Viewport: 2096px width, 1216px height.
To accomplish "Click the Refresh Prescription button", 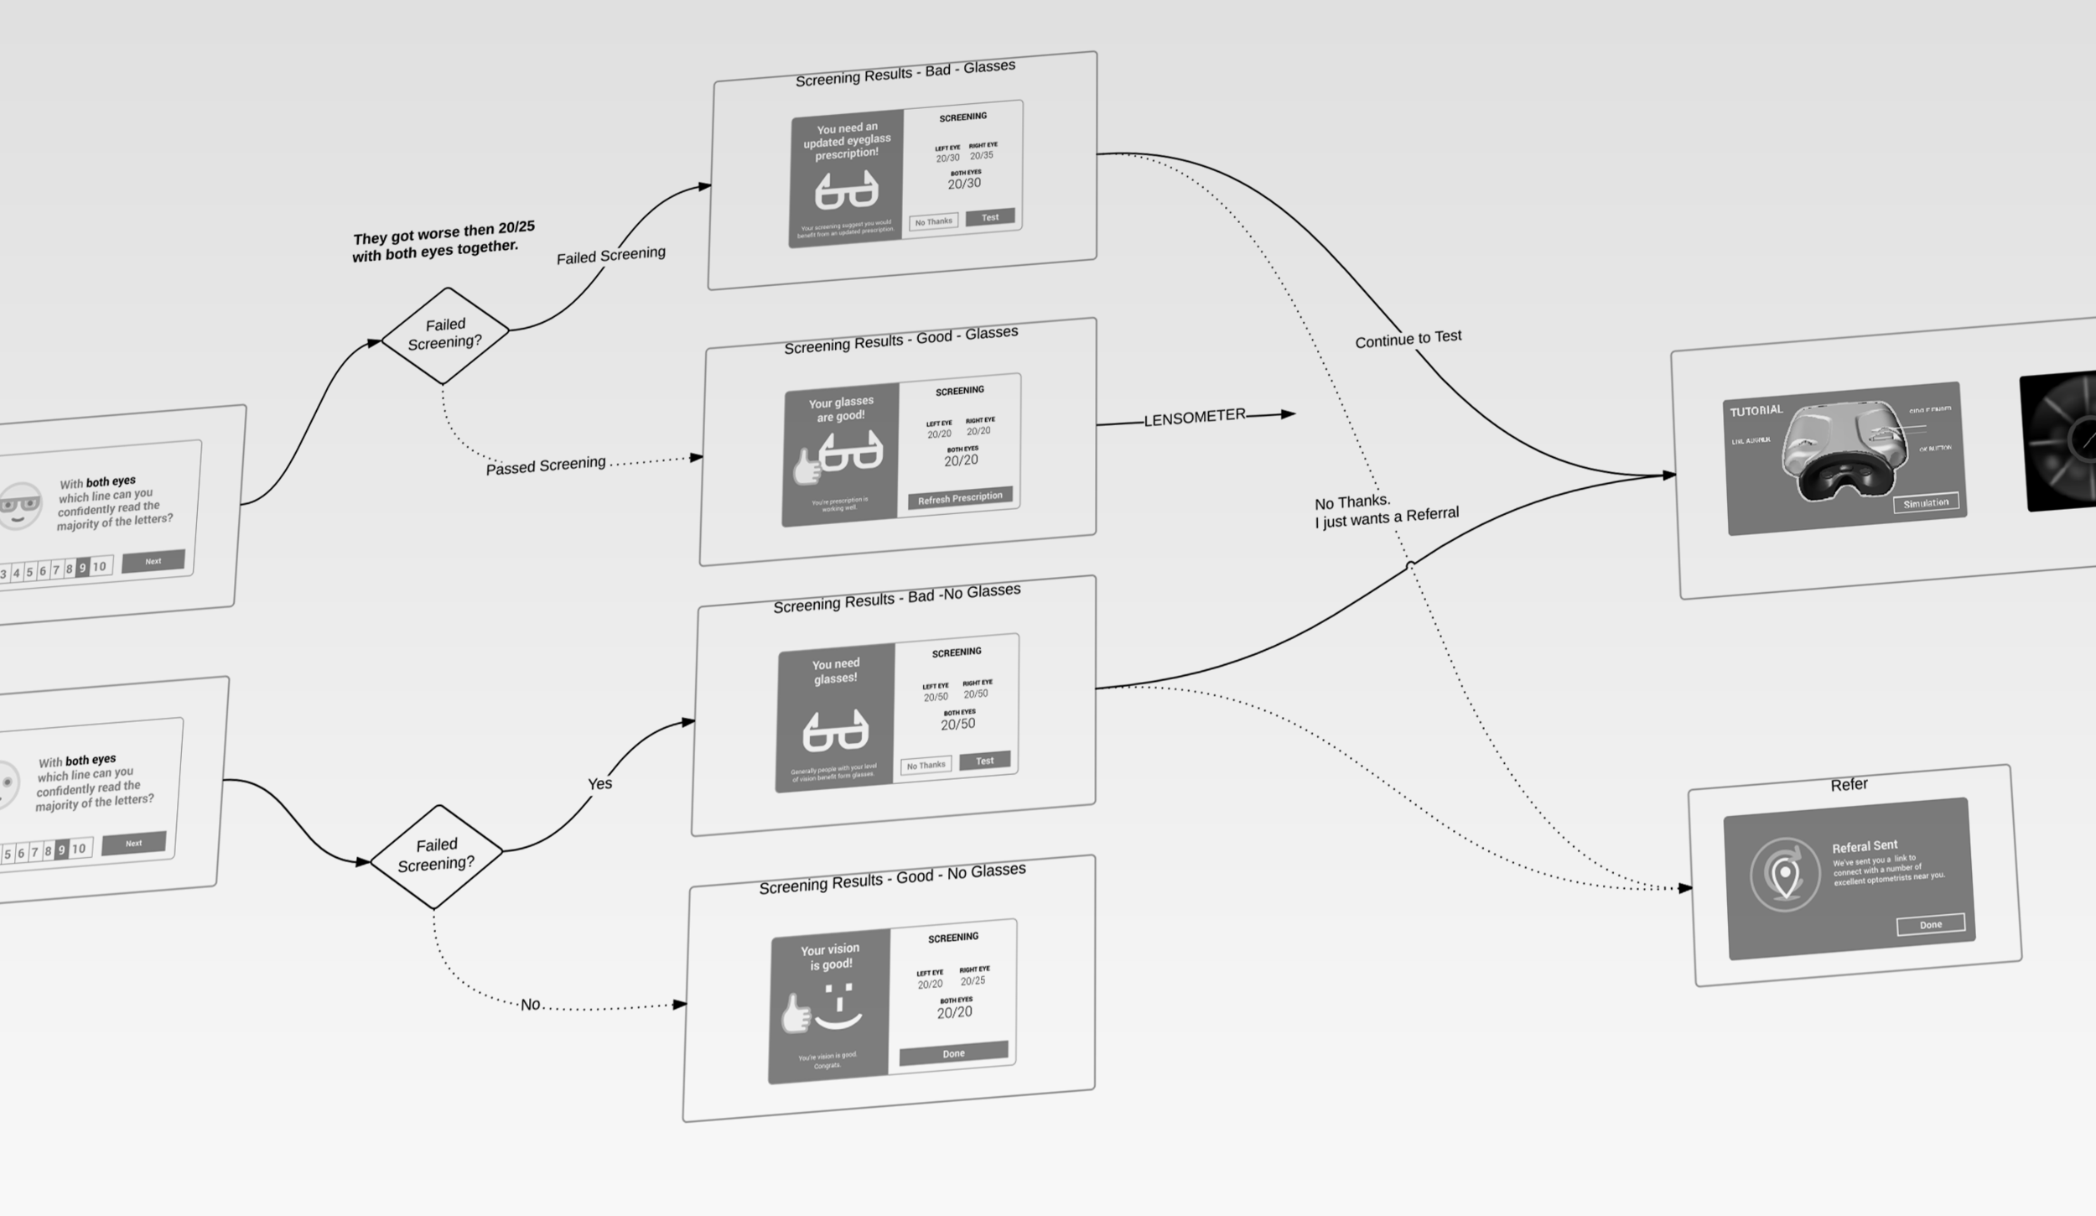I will pyautogui.click(x=959, y=498).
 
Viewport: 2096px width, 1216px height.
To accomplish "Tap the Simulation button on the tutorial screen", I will pyautogui.click(x=1925, y=502).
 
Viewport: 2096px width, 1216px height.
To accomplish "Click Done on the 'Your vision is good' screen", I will pyautogui.click(x=953, y=1052).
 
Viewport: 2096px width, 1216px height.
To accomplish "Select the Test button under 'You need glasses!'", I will pyautogui.click(x=984, y=760).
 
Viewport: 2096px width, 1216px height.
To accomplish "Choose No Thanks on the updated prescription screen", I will pyautogui.click(x=933, y=222).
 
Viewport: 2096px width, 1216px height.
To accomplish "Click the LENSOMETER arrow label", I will pyautogui.click(x=1194, y=418).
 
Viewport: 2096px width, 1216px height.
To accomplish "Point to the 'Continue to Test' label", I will pyautogui.click(x=1408, y=338).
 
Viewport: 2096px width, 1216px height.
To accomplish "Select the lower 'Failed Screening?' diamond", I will pyautogui.click(x=436, y=855).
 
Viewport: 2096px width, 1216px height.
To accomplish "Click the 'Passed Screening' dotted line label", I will pyautogui.click(x=545, y=465).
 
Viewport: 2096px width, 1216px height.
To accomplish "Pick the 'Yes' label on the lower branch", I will pyautogui.click(x=599, y=783).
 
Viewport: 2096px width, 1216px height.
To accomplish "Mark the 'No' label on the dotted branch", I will pyautogui.click(x=530, y=1004).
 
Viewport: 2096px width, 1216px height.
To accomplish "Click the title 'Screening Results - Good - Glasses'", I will pyautogui.click(x=900, y=339).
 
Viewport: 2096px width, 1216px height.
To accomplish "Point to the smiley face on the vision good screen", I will pyautogui.click(x=837, y=1006).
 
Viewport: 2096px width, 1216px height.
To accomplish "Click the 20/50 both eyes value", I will pyautogui.click(x=957, y=724).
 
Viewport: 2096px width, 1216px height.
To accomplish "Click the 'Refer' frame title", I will pyautogui.click(x=1849, y=784).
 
